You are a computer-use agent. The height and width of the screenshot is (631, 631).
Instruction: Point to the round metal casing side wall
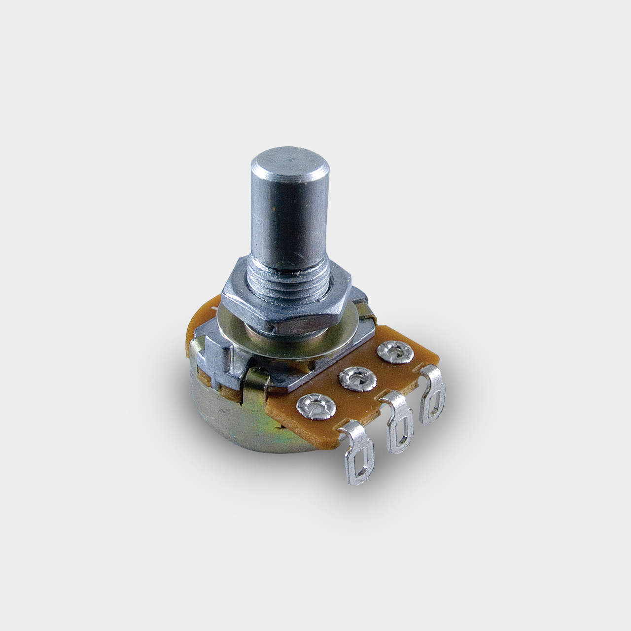click(222, 414)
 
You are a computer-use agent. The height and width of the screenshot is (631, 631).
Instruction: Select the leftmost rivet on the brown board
click(316, 406)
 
